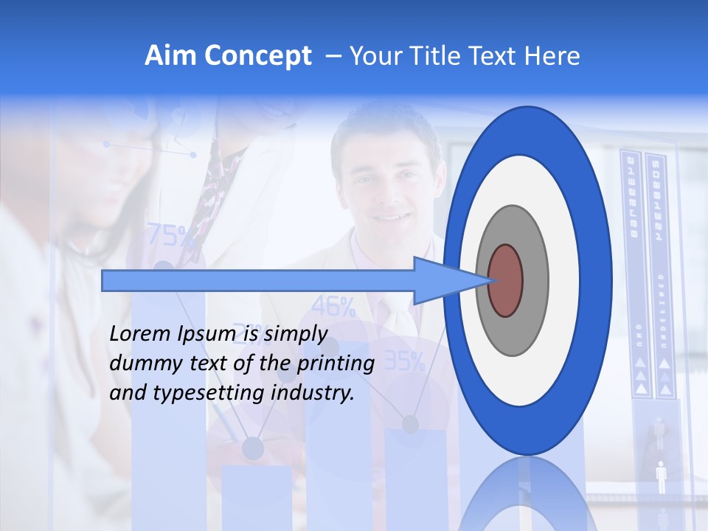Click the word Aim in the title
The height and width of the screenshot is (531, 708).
point(169,56)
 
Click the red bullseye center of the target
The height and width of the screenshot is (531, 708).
point(506,280)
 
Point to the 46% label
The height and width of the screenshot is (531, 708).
point(333,305)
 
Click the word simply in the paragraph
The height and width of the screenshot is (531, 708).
point(295,335)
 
